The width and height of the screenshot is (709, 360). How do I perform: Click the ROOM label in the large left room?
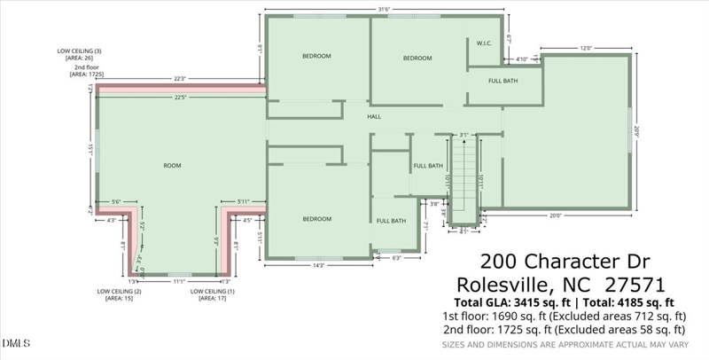pyautogui.click(x=172, y=166)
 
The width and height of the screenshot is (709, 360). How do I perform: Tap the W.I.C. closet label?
pyautogui.click(x=485, y=42)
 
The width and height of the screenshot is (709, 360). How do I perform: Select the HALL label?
pyautogui.click(x=375, y=116)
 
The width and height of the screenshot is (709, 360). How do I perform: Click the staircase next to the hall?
pyautogui.click(x=463, y=177)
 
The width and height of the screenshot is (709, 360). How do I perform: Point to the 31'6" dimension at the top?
pyautogui.click(x=385, y=10)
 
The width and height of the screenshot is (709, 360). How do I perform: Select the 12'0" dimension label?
pyautogui.click(x=586, y=49)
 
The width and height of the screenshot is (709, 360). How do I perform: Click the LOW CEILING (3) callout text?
pyautogui.click(x=80, y=51)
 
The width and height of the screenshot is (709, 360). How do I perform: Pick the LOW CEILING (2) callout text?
pyautogui.click(x=120, y=291)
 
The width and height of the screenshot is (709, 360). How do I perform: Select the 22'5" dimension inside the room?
pyautogui.click(x=180, y=98)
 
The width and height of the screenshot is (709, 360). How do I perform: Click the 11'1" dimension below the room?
pyautogui.click(x=178, y=281)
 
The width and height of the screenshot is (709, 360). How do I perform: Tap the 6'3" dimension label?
pyautogui.click(x=395, y=258)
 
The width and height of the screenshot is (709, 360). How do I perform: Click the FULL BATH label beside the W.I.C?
pyautogui.click(x=503, y=81)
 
